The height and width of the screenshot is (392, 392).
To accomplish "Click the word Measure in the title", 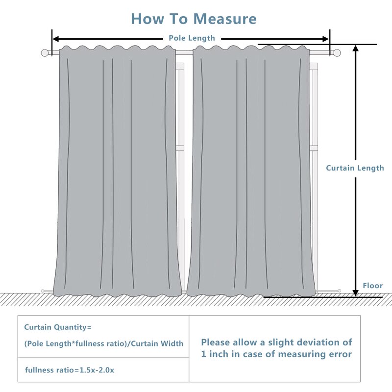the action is (225, 19).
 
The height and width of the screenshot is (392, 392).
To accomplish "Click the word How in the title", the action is (147, 19).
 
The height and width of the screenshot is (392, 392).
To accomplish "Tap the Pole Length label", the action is (192, 38).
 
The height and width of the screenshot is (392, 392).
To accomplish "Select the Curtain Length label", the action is (355, 168).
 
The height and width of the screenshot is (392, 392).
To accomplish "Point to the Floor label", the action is (372, 286).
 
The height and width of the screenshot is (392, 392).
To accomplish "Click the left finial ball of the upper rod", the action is (45, 53).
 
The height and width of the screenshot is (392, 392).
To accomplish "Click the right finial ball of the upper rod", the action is (337, 53).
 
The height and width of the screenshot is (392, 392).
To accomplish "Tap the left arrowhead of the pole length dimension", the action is (55, 39).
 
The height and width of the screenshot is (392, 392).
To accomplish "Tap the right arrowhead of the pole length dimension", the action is (326, 39).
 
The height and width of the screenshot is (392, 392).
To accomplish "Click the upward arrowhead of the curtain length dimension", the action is (356, 48).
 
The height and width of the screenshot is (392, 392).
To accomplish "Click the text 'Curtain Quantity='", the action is (58, 327).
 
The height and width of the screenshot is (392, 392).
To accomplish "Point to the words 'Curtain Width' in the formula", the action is (157, 343).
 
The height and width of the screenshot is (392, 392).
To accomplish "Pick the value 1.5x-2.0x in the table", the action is (97, 370).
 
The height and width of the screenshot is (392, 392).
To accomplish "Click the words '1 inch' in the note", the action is (216, 354).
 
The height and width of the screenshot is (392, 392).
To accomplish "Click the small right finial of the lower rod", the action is (339, 291).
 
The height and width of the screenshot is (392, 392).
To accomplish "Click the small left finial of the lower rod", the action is (43, 291).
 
